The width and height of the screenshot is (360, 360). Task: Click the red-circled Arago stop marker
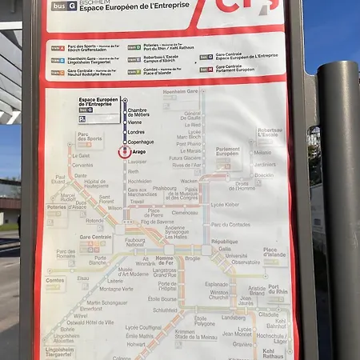[x=124, y=150]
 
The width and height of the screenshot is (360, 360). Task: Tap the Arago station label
[x=139, y=151]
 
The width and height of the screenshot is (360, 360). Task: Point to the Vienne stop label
[x=134, y=122]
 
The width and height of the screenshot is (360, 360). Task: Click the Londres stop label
[x=136, y=132]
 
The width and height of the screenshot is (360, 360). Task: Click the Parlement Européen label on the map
[x=228, y=152]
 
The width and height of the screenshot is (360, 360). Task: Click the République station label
[x=225, y=242]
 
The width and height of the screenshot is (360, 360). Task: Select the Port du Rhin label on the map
[x=278, y=290]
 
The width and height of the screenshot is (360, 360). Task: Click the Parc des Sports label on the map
[x=90, y=137]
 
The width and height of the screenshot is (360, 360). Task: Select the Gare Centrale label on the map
[x=96, y=238]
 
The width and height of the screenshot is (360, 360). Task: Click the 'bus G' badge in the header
[x=64, y=6]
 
